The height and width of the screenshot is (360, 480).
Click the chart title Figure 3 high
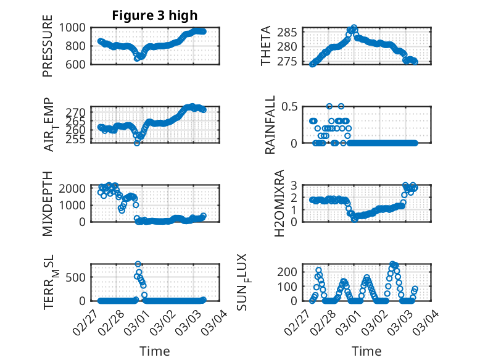155,15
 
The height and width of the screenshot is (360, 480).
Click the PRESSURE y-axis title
48,46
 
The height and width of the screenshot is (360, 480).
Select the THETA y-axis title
266,46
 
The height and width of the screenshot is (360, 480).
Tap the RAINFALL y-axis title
270,125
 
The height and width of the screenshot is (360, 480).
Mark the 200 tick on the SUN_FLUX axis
291,272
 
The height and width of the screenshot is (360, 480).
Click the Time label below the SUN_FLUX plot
366,351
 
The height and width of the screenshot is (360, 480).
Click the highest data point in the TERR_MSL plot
138,264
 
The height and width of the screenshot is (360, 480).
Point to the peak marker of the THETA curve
354,28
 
